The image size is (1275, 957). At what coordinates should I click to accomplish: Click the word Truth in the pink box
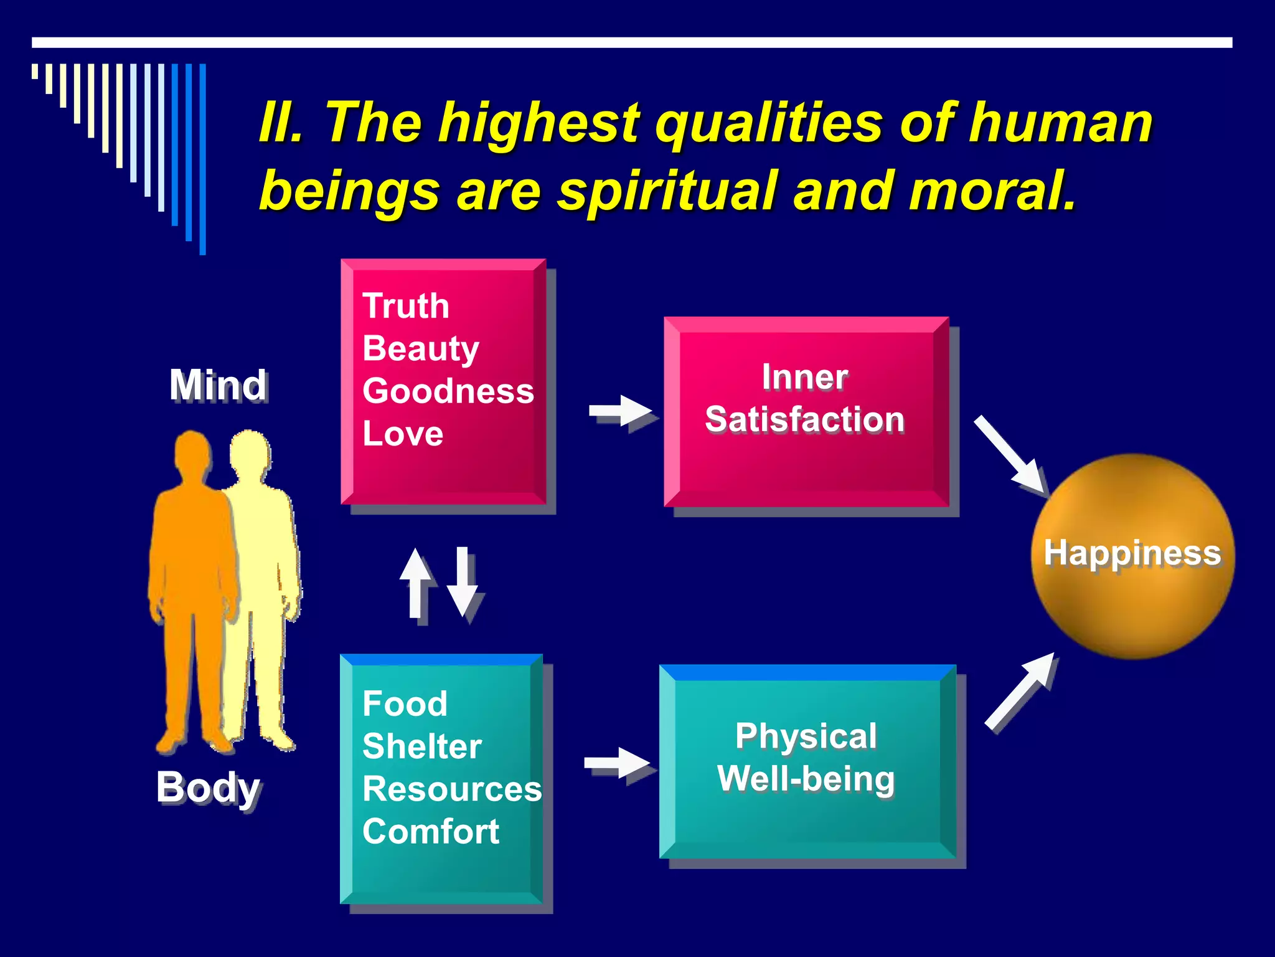tap(406, 306)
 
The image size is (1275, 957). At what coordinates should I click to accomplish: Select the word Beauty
tap(421, 349)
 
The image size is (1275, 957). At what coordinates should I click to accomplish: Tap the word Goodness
tap(448, 391)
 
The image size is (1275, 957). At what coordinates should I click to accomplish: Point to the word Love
tap(403, 434)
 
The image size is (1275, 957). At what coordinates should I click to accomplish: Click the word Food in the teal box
tap(405, 704)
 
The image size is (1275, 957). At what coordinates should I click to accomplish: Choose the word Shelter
tap(422, 746)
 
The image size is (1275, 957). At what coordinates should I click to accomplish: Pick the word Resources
tap(452, 789)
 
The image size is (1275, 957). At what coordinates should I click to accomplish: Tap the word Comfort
tap(431, 832)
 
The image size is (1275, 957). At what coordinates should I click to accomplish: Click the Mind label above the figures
tap(219, 385)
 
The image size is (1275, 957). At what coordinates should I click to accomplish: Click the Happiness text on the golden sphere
tap(1132, 553)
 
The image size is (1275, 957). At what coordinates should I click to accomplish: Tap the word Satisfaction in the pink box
tap(804, 419)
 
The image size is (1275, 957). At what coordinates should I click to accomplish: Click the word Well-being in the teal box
tap(806, 779)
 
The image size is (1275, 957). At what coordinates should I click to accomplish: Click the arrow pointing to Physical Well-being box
tap(617, 763)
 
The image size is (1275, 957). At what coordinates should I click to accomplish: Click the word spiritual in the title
tap(667, 191)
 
